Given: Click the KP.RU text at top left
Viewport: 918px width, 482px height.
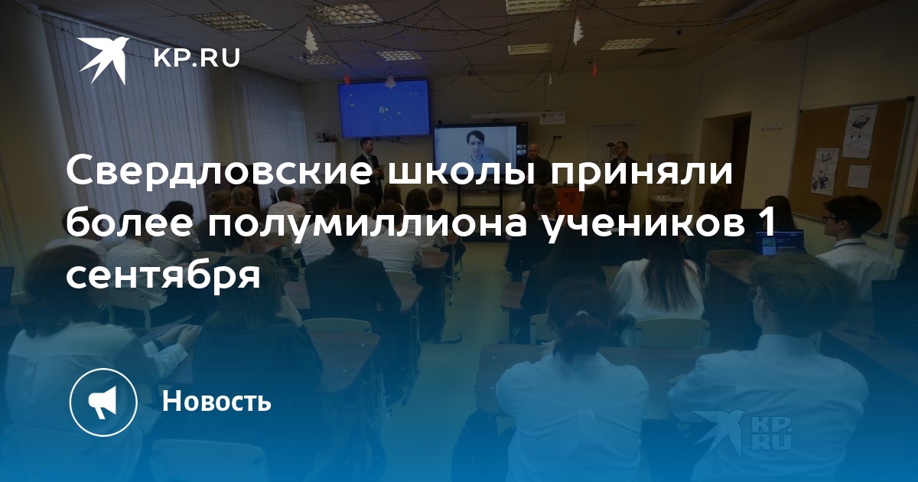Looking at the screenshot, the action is click(x=197, y=58).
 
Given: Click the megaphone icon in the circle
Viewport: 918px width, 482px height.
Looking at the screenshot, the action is click(x=103, y=401).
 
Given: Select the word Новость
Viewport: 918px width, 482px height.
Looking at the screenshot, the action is click(x=216, y=401).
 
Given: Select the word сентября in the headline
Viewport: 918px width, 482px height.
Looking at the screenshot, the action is click(x=163, y=276).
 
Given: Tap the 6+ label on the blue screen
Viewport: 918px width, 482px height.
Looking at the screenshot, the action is click(x=383, y=110).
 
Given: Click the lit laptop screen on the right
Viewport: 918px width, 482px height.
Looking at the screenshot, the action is click(x=780, y=243).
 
